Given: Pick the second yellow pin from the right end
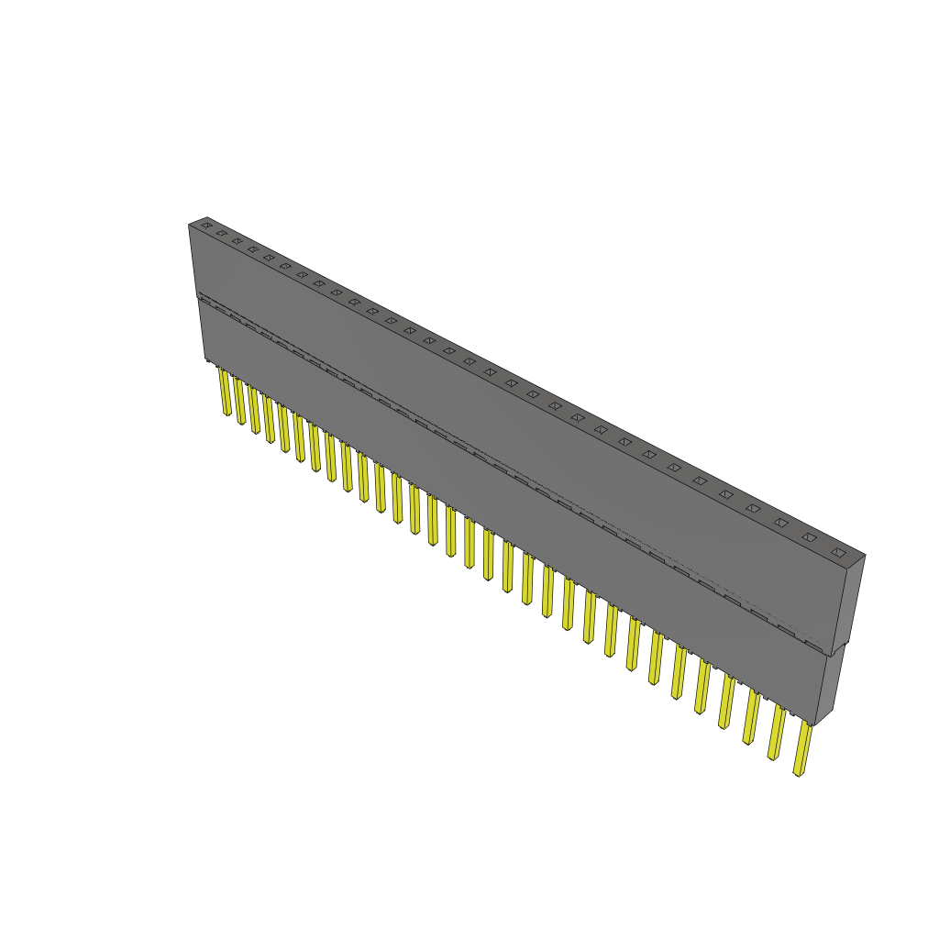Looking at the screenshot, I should (x=778, y=733).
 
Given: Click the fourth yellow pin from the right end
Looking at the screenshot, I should (x=727, y=701).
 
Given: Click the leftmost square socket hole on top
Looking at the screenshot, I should (x=206, y=225).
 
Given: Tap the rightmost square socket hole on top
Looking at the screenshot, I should (x=837, y=552).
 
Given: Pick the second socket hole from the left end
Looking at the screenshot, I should (x=221, y=233).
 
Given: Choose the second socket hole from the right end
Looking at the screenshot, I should (x=809, y=537).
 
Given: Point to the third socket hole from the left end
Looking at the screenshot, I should (x=237, y=241).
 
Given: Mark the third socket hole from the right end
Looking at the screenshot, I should (x=780, y=523).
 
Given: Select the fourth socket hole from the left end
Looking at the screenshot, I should (x=252, y=249).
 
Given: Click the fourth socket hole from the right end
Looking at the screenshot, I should (x=753, y=508).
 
